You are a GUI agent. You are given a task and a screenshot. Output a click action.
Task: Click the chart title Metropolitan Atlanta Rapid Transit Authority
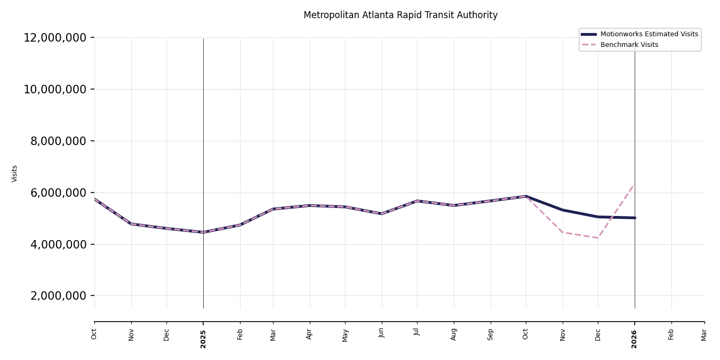[400, 15]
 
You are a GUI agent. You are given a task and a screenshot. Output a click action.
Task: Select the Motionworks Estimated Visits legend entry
[649, 34]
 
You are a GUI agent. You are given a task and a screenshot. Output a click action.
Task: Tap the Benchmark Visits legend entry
[629, 45]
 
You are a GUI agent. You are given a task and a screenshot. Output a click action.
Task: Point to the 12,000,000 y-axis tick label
[54, 38]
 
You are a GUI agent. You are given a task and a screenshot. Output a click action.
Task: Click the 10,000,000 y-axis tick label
[54, 89]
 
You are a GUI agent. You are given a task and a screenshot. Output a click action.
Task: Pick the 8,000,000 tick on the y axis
[58, 141]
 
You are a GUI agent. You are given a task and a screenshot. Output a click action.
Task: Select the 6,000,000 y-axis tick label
[58, 193]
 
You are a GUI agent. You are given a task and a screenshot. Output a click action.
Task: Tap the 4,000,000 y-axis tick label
[58, 244]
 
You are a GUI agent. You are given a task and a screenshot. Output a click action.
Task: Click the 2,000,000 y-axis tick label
[58, 296]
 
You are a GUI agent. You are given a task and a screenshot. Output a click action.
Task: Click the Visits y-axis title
[15, 173]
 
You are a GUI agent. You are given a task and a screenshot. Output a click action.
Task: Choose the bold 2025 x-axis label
[203, 339]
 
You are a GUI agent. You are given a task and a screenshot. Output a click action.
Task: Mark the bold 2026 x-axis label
[635, 339]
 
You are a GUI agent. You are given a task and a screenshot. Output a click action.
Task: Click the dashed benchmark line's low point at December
[598, 238]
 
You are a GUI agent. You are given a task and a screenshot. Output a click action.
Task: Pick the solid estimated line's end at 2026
[635, 218]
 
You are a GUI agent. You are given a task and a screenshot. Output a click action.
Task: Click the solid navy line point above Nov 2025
[563, 210]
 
